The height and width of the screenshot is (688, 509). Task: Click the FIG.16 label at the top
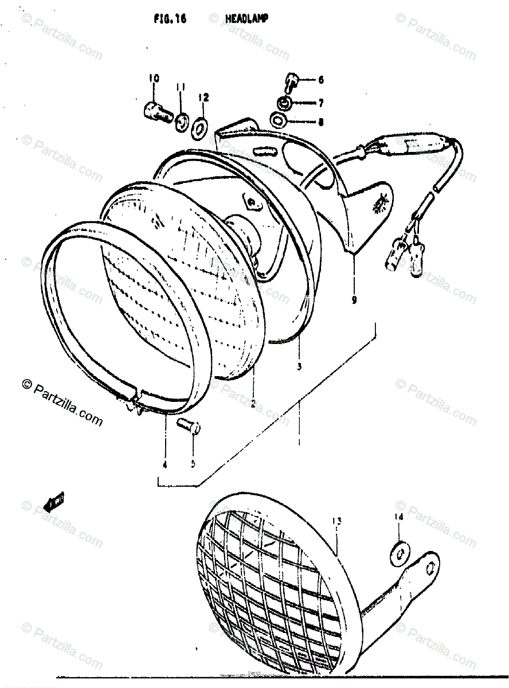coord(166,19)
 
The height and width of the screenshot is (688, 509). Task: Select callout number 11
coord(181,87)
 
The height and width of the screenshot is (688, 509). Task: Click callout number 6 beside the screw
coord(320,80)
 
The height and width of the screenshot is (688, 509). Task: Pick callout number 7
coord(320,103)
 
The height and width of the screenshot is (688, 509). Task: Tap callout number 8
coord(320,122)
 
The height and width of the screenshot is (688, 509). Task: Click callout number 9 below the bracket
coord(354,299)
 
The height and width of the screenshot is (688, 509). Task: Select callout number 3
coord(299,365)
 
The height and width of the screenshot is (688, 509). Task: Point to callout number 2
coord(252,404)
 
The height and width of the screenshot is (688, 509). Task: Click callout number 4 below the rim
coord(165,465)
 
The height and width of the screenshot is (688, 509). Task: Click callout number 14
coord(398,517)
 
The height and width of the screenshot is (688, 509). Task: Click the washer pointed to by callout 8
coord(279,121)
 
